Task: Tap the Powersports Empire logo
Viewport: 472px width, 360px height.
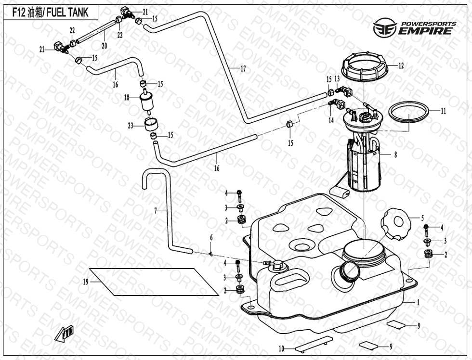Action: (414, 28)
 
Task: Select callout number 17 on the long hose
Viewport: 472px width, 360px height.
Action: (243, 69)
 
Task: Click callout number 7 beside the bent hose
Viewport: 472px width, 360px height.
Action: (155, 211)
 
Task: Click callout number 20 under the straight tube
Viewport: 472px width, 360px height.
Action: (104, 46)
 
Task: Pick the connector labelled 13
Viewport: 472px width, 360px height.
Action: (345, 90)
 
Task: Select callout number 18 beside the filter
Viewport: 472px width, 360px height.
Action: (127, 98)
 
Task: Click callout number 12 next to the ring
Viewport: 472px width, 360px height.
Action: (401, 66)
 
